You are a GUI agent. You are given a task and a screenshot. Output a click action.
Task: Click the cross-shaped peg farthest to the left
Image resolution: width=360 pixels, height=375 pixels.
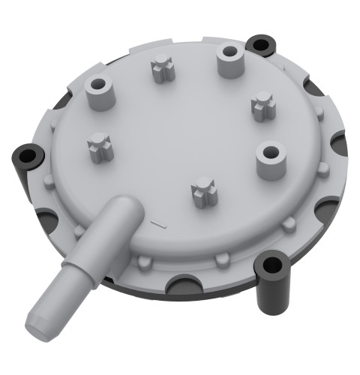pos(100,145)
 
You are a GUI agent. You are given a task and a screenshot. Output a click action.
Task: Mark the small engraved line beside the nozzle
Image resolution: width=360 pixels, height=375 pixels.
pos(157,223)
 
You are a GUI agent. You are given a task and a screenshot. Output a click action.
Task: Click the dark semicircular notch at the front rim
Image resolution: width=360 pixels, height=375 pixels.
pos(184,284)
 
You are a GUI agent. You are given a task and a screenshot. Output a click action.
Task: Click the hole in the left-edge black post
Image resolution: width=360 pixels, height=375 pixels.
pos(27,155)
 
